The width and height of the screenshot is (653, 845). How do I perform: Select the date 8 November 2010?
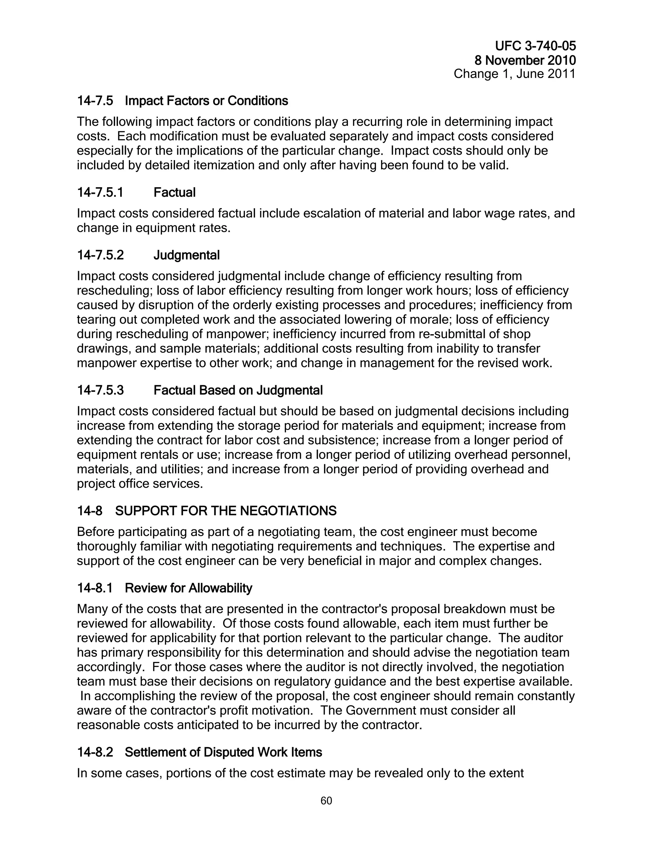point(525,60)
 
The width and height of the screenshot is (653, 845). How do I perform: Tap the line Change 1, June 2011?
point(515,74)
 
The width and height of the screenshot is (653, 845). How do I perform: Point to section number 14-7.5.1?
point(100,193)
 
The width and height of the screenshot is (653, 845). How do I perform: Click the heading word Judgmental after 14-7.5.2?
point(187,255)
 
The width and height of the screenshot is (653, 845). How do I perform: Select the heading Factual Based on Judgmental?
point(238,390)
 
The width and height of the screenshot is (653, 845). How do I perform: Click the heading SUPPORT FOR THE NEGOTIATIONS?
point(226,511)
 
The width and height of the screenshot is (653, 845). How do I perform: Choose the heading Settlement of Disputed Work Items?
point(223,753)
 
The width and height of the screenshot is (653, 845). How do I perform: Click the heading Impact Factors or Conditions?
point(206,101)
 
